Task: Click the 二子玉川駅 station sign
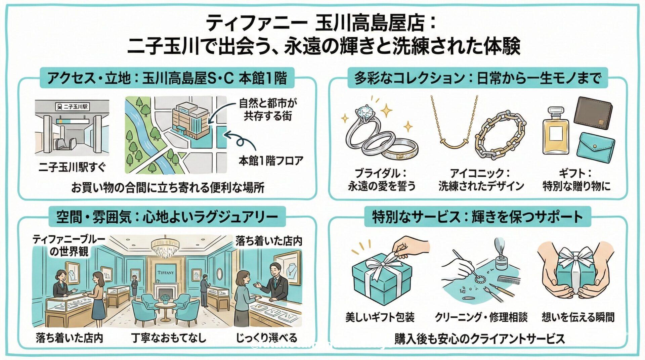coord(72,107)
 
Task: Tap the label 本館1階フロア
coord(271,161)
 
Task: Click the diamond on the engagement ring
coord(364,111)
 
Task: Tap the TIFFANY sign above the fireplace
coord(166,273)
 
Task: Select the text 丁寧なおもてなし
coord(169,337)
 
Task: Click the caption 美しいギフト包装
coord(380,317)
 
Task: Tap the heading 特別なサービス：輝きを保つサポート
coord(477,217)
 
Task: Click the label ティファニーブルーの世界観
coord(69,245)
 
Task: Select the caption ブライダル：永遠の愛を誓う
coord(382,180)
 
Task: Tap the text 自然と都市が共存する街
coord(268,109)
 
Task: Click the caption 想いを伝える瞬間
coord(578,317)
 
